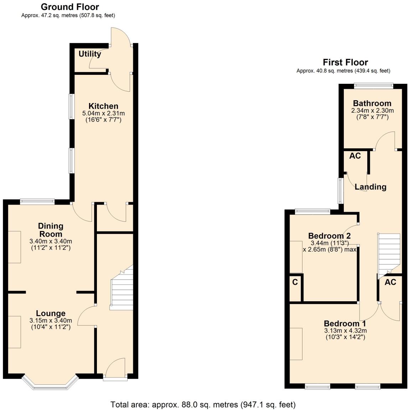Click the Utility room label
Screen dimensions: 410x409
point(90,54)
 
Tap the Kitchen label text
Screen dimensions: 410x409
point(103,106)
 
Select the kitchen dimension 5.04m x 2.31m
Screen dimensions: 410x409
point(103,113)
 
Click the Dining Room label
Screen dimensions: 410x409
point(51,230)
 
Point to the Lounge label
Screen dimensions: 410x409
point(51,313)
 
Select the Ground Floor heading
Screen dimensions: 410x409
point(70,7)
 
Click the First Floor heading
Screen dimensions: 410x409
point(345,62)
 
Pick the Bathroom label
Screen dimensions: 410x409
point(372,103)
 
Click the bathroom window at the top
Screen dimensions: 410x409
point(373,86)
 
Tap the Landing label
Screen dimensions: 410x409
point(371,187)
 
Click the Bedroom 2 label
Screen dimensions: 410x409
point(329,236)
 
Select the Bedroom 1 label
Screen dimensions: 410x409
point(345,323)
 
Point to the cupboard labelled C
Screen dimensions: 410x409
point(295,282)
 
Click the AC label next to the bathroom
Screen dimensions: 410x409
point(355,156)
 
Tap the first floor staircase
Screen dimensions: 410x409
point(389,253)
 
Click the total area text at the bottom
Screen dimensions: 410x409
point(203,405)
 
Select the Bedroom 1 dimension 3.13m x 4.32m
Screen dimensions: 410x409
point(345,330)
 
